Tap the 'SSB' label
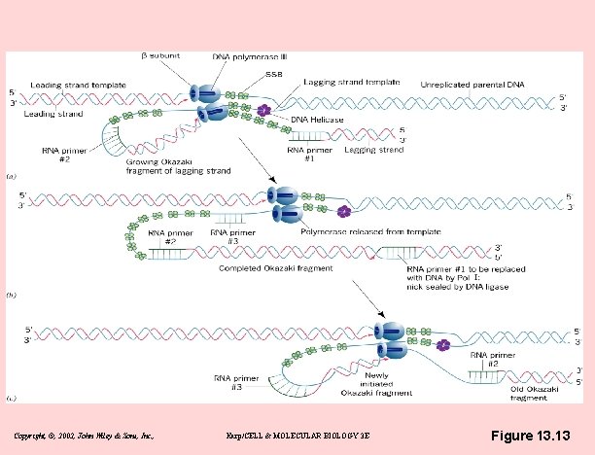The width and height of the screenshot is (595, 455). click(275, 74)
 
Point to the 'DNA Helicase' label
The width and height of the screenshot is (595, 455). click(316, 120)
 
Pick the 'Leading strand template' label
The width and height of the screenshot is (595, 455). click(78, 86)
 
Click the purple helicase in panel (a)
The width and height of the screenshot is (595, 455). click(264, 111)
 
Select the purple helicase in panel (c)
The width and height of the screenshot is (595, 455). click(443, 344)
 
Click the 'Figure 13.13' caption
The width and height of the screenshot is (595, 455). click(531, 435)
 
